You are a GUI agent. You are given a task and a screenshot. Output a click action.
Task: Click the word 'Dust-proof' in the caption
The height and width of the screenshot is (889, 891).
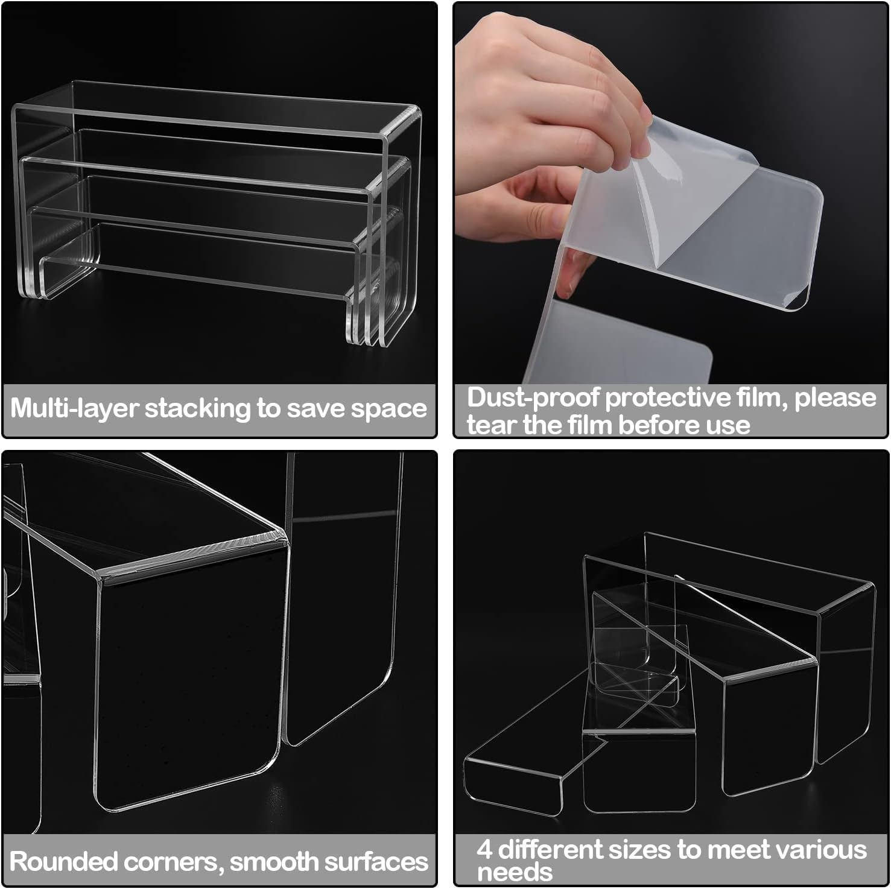pyautogui.click(x=533, y=398)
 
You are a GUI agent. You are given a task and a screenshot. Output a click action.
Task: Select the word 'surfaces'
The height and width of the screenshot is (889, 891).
pyautogui.click(x=379, y=861)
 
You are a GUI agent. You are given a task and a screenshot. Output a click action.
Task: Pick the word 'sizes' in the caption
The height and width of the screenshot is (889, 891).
pyautogui.click(x=639, y=850)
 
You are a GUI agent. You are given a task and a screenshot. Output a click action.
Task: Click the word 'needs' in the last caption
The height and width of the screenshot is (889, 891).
pyautogui.click(x=514, y=872)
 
